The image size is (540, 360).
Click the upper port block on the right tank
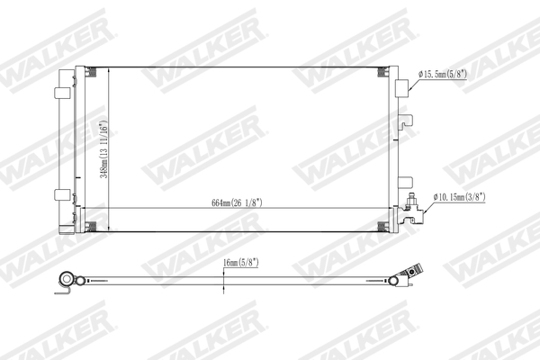point(401,88)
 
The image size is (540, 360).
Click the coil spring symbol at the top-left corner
point(80,71)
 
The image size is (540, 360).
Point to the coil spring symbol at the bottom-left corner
point(80,224)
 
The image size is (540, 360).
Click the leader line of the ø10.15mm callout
point(427,202)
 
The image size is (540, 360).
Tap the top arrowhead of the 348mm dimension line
point(109,69)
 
